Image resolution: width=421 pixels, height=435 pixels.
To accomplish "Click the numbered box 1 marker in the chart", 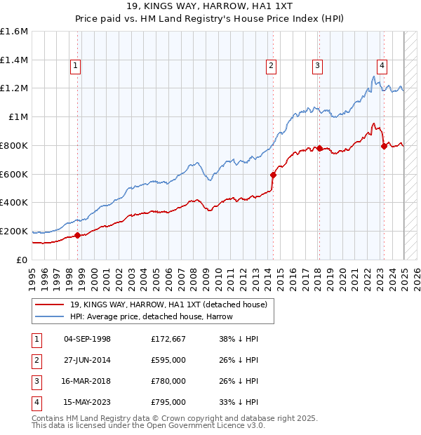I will point(74,66).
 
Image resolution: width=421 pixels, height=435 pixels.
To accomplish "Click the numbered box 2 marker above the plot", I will point(271,66).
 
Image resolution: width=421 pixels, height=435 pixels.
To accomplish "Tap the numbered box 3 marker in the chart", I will point(317,66).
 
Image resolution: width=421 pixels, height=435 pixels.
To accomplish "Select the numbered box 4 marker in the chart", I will point(382,66).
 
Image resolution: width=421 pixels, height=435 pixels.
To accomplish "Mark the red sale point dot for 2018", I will point(319,148).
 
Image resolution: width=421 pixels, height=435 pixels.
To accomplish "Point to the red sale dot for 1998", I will point(77,235).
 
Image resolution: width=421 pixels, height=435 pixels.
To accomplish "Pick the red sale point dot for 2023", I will point(384,146).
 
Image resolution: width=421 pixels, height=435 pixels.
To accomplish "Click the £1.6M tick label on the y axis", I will point(14,32).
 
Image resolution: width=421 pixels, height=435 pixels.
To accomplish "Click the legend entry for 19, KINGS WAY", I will point(168,304).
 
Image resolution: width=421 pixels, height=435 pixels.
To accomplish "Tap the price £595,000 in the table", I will point(168,361).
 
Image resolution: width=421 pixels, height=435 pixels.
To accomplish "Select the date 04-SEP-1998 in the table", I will point(87,340).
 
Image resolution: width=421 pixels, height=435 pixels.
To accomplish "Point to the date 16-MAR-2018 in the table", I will point(87,382).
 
